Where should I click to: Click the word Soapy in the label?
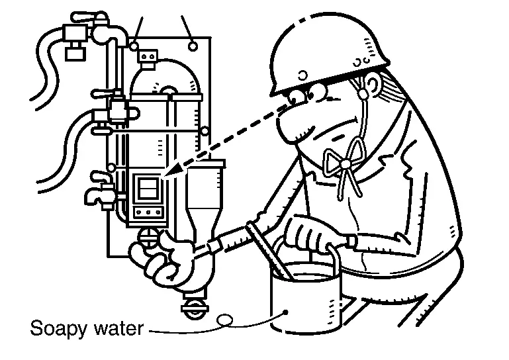tap(59, 329)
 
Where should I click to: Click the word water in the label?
tap(118, 328)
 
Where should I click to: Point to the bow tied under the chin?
tap(345, 162)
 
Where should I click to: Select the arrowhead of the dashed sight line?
tap(173, 171)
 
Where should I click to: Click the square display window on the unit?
tap(148, 188)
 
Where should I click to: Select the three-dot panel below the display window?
tap(148, 212)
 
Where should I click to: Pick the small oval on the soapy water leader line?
tap(224, 320)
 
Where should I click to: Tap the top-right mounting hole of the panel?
tap(193, 46)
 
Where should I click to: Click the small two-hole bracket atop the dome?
tap(148, 56)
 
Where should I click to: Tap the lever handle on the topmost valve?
tap(88, 17)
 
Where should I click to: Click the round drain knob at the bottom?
tap(195, 307)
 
